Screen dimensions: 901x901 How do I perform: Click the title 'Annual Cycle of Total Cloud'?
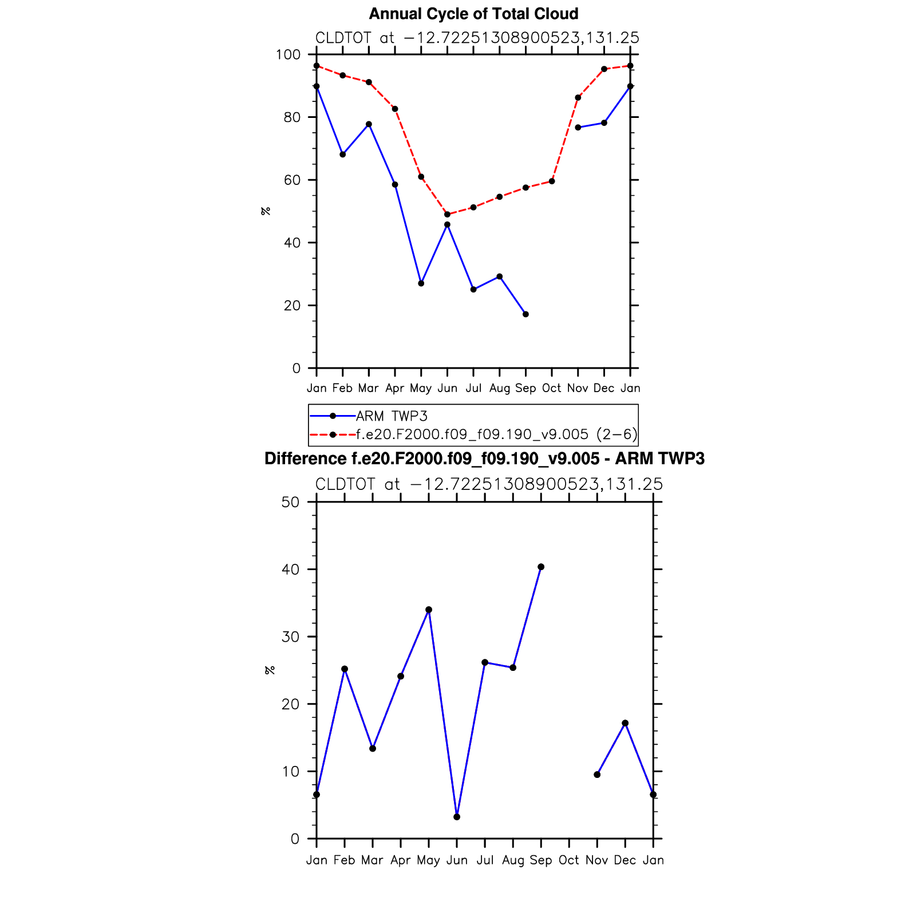pos(473,14)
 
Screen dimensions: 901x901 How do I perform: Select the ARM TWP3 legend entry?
pos(392,416)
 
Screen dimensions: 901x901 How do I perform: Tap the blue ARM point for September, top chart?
pos(525,314)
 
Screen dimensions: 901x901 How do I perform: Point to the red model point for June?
pos(447,215)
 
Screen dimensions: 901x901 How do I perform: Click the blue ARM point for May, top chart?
pos(421,283)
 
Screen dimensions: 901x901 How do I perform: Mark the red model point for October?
pos(552,181)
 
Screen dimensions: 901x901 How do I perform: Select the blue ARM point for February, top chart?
pos(343,155)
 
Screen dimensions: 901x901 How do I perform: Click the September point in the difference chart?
pos(541,567)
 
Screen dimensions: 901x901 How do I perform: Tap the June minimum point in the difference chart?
pos(457,817)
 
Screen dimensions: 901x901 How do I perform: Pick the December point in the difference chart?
pos(625,724)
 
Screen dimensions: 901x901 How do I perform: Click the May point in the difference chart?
pos(429,610)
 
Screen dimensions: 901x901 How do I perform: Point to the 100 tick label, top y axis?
pos(288,55)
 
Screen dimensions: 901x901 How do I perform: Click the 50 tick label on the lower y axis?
pos(291,503)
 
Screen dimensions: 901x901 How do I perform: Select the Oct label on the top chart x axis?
pos(552,389)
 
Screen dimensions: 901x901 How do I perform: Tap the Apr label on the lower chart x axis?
pos(401,860)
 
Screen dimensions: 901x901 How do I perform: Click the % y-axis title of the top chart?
pos(266,211)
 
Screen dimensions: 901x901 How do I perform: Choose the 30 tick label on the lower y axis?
pos(291,637)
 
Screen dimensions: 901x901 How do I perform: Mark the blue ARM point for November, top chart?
pos(578,128)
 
